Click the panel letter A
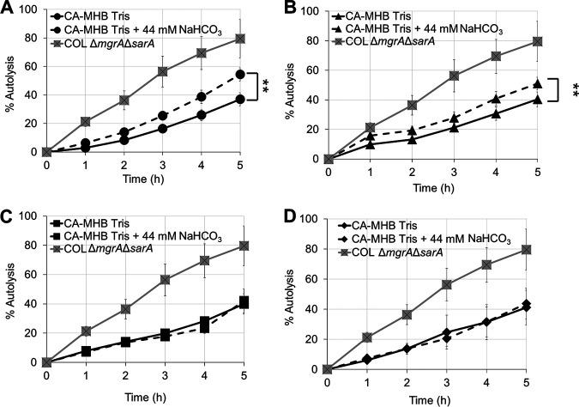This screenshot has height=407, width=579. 8,8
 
